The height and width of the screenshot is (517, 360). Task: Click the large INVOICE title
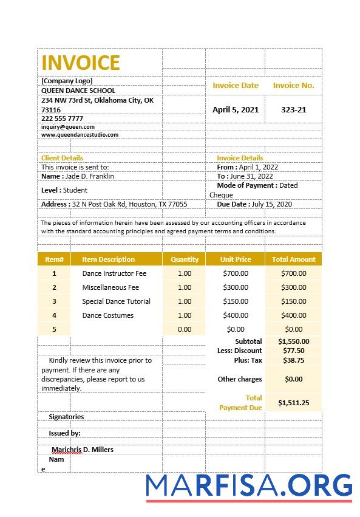(81, 63)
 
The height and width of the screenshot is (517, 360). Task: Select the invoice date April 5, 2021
(236, 110)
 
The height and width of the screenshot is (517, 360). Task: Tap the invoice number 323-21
(294, 110)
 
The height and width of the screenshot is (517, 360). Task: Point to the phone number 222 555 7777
(62, 118)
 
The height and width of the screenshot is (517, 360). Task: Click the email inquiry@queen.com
(68, 127)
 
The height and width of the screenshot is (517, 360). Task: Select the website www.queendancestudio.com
(80, 135)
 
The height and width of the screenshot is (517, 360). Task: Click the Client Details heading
(62, 158)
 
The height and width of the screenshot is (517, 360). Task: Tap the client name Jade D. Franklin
(89, 176)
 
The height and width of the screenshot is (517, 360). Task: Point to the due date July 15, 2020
(271, 205)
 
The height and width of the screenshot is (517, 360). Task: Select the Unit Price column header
(236, 259)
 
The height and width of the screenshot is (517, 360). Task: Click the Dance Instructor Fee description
(114, 273)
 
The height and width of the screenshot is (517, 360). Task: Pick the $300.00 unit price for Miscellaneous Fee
(236, 287)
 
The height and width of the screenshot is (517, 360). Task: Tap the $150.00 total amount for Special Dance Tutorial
(294, 301)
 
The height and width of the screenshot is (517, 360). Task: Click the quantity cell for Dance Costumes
(185, 315)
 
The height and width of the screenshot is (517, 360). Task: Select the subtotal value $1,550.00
(294, 341)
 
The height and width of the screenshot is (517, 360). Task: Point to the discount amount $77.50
(294, 351)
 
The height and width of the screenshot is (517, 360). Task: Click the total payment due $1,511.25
(294, 403)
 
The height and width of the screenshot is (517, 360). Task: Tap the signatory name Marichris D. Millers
(83, 450)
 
